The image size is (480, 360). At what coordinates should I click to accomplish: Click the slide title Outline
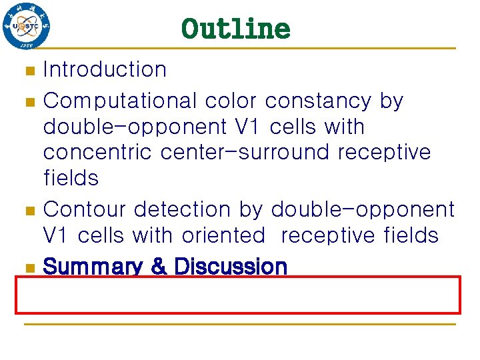(x=235, y=29)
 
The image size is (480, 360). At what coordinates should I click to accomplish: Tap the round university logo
(x=27, y=27)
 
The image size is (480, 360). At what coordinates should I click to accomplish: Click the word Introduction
(x=105, y=69)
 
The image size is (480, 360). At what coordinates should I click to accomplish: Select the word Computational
(x=120, y=101)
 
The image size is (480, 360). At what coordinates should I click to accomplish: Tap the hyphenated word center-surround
(x=247, y=152)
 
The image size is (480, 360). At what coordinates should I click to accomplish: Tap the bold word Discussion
(x=230, y=267)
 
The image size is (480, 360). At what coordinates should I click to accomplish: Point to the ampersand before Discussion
(x=159, y=267)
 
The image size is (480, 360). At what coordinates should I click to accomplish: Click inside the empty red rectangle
(x=238, y=294)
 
